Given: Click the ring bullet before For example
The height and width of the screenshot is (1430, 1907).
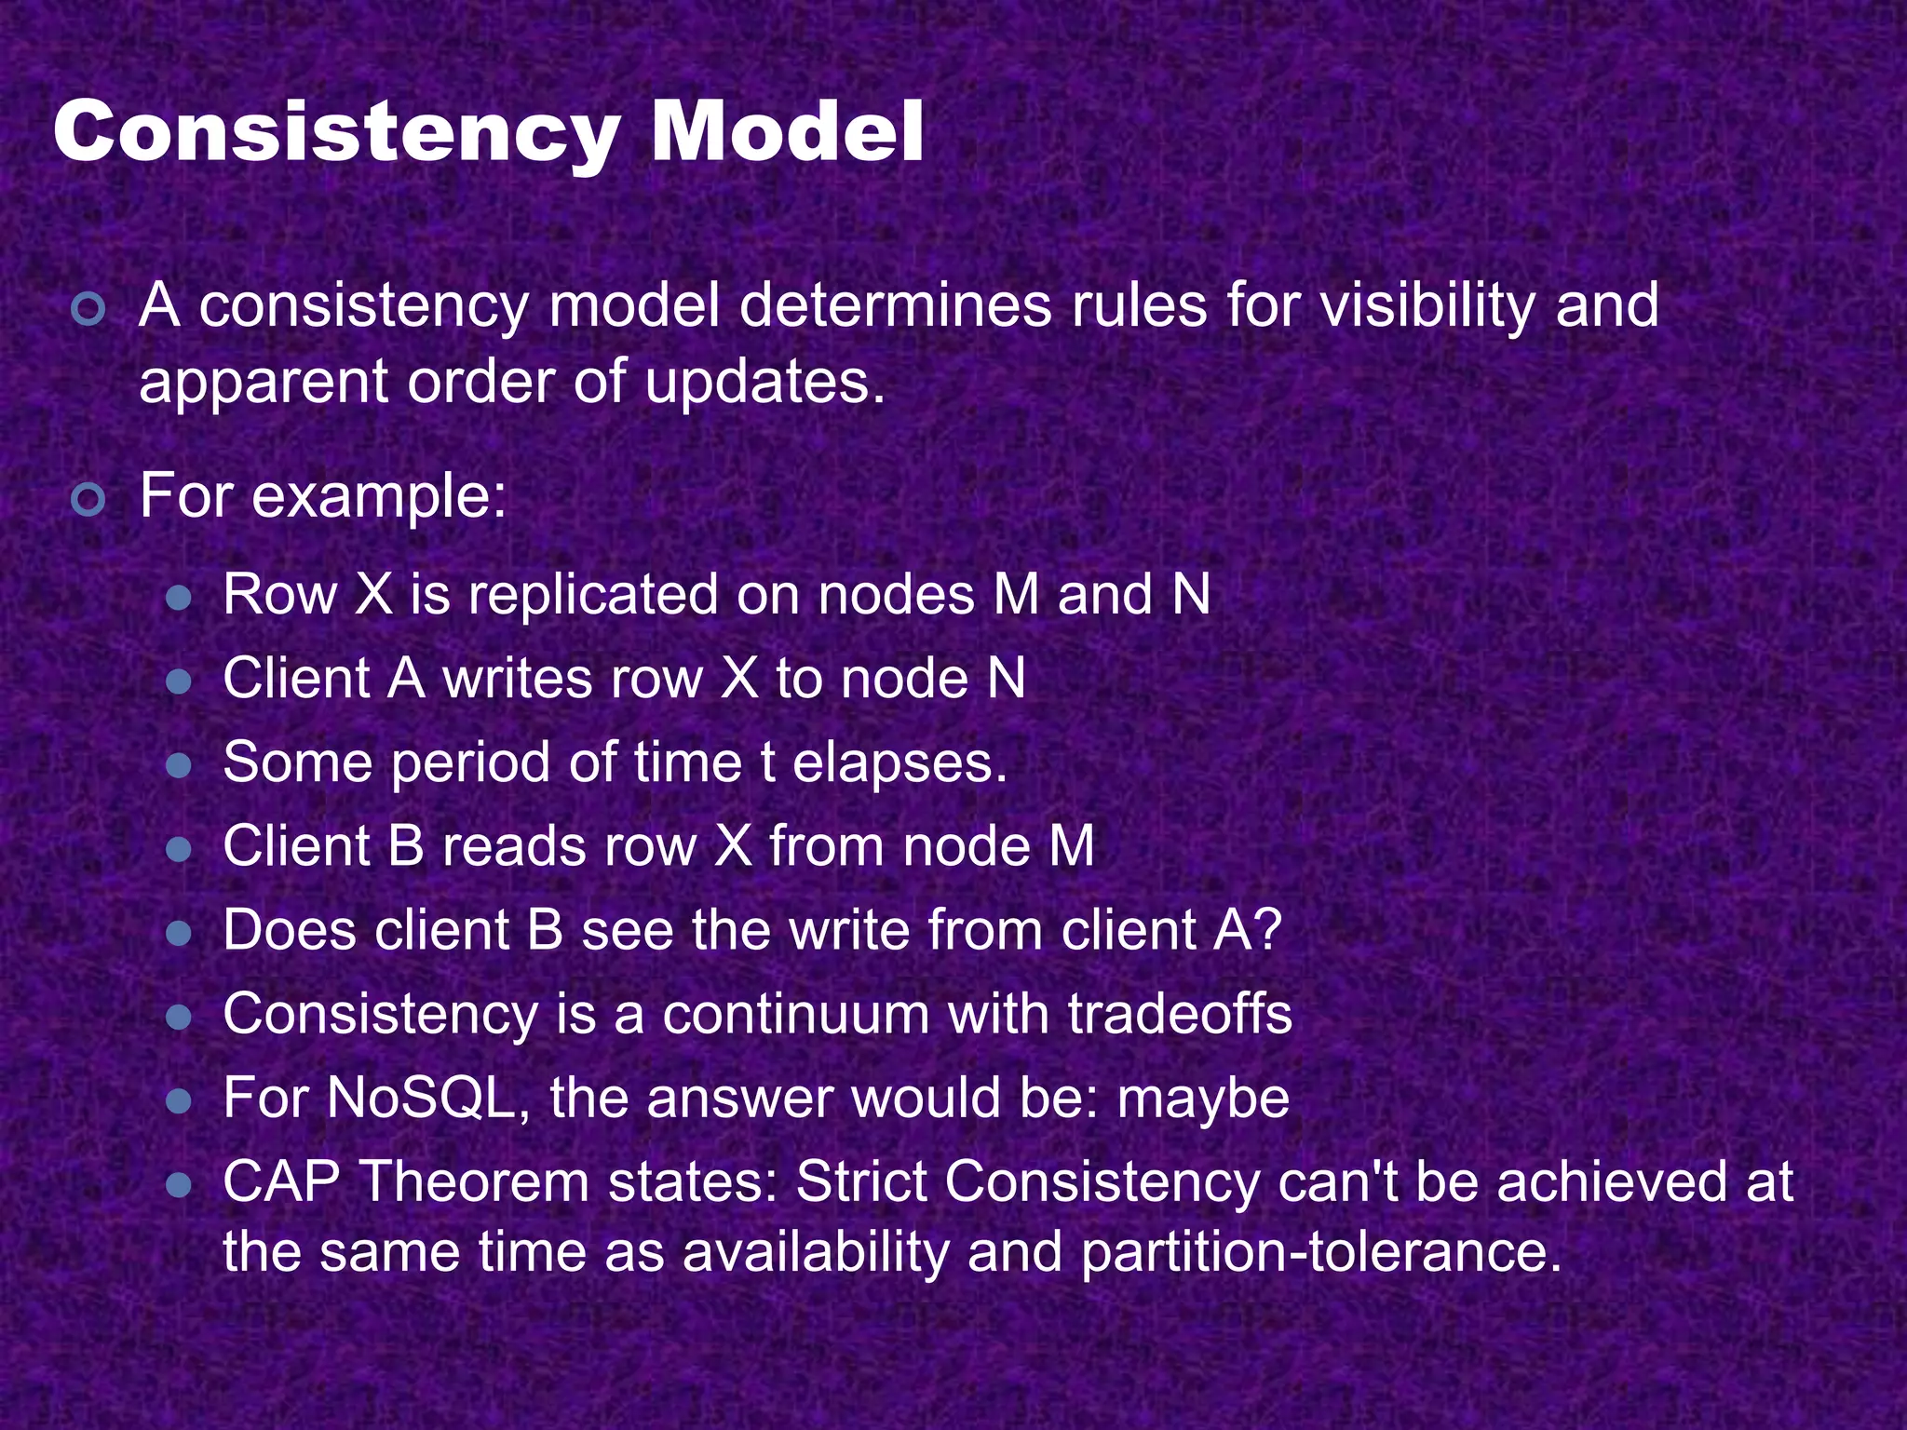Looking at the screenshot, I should [x=88, y=500].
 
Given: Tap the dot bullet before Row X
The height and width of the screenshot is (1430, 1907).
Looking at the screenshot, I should [x=178, y=598].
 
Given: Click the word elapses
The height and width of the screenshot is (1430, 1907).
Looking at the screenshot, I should [x=899, y=763].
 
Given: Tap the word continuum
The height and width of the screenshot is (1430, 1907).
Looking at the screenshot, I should [x=795, y=1015].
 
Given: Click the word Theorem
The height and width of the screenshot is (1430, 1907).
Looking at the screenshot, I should [x=474, y=1182].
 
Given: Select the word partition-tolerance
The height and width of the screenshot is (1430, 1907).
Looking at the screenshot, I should [x=1320, y=1252].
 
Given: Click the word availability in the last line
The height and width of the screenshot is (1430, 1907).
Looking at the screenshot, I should [x=815, y=1252].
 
